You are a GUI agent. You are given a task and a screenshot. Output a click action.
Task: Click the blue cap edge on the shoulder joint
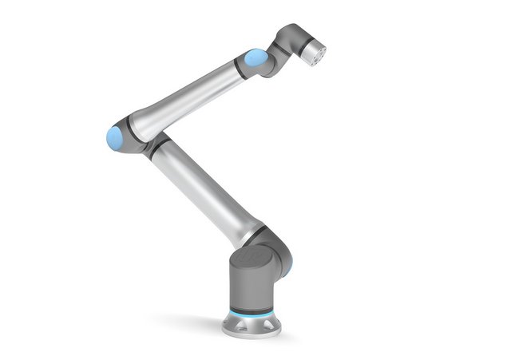click(285, 268)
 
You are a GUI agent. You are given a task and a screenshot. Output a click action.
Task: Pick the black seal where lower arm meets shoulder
click(254, 234)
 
